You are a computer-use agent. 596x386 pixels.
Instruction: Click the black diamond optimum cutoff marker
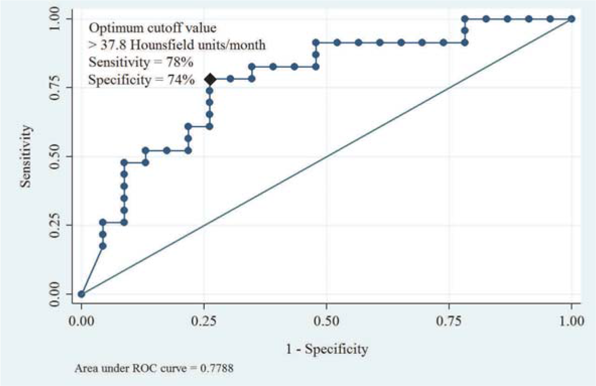[x=210, y=79]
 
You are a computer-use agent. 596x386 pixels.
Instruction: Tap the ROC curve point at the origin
[x=81, y=294]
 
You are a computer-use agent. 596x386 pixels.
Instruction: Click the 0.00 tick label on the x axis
[x=81, y=320]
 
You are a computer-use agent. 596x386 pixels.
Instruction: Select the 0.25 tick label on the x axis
[x=204, y=320]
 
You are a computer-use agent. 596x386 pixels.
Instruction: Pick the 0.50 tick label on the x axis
[x=326, y=320]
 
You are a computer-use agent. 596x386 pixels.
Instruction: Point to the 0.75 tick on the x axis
[x=449, y=320]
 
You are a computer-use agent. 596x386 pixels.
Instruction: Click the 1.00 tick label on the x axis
[x=571, y=320]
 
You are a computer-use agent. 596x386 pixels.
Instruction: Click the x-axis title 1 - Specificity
[x=326, y=348]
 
